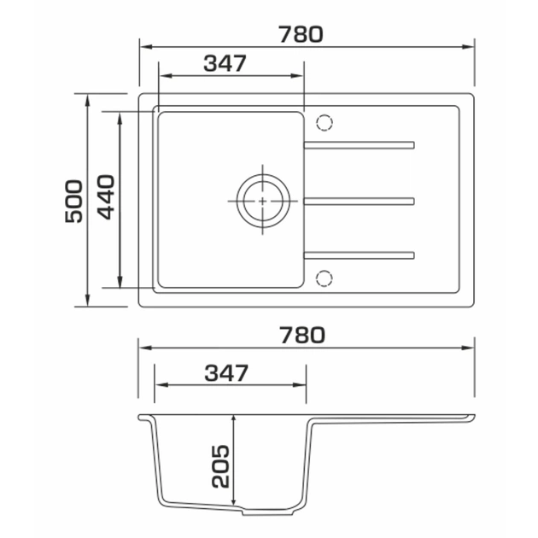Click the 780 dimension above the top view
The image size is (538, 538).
click(x=301, y=34)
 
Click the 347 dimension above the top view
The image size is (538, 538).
click(x=225, y=63)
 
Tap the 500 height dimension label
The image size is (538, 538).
click(x=73, y=201)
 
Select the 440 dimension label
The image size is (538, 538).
click(x=106, y=197)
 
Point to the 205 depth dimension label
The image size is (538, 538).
click(x=220, y=466)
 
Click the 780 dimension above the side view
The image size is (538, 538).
click(x=302, y=336)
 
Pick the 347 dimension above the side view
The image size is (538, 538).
click(x=226, y=373)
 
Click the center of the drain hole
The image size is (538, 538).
click(x=263, y=201)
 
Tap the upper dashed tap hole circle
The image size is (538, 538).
click(x=325, y=122)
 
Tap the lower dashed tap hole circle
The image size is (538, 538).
click(x=324, y=278)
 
